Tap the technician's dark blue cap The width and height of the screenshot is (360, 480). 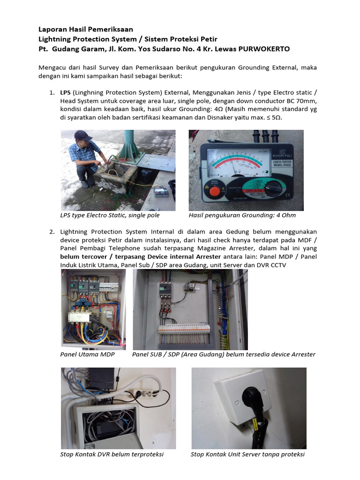[83, 135]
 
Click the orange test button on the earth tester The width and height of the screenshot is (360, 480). [214, 191]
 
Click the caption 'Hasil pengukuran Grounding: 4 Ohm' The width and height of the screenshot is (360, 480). [242, 216]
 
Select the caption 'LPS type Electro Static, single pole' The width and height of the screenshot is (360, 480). [110, 216]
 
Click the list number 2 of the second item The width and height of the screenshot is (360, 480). [52, 232]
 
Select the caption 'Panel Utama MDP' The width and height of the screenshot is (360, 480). [87, 354]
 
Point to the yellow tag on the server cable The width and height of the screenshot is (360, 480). [256, 424]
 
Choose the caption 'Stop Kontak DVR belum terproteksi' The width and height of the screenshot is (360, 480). [112, 455]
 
